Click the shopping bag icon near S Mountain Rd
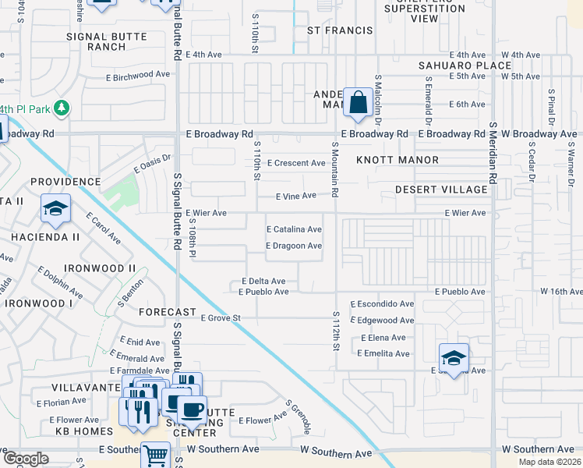pyautogui.click(x=358, y=102)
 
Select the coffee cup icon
pyautogui.click(x=192, y=408)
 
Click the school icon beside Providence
pyautogui.click(x=56, y=209)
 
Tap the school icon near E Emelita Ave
pyautogui.click(x=454, y=357)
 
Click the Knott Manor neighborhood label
pyautogui.click(x=397, y=160)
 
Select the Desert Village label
pyautogui.click(x=440, y=190)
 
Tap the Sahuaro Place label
pyautogui.click(x=465, y=66)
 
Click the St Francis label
pyautogui.click(x=336, y=31)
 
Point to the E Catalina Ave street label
pyautogui.click(x=294, y=230)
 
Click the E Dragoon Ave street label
pyautogui.click(x=294, y=246)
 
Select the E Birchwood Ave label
pyautogui.click(x=137, y=75)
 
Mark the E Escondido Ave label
pyautogui.click(x=382, y=303)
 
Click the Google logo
pyautogui.click(x=26, y=459)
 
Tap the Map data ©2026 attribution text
pyautogui.click(x=549, y=462)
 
